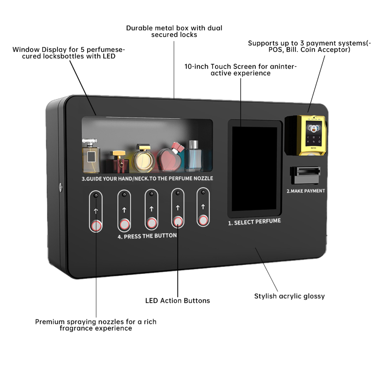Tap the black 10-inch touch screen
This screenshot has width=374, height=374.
[x=255, y=169]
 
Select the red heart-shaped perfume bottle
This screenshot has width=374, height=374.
[x=170, y=158]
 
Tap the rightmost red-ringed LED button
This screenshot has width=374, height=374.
[x=203, y=220]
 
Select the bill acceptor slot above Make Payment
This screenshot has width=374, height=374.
[x=305, y=174]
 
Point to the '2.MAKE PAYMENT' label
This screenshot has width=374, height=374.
[x=305, y=191]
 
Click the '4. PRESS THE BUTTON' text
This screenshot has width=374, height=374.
[x=147, y=236]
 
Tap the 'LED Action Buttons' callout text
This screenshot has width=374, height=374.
[x=178, y=301]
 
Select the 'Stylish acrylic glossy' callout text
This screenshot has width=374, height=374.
[x=289, y=296]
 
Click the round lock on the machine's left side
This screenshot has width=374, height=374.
[x=60, y=185]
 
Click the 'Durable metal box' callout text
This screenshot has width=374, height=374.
[x=174, y=31]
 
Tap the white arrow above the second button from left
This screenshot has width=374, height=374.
[x=124, y=210]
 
